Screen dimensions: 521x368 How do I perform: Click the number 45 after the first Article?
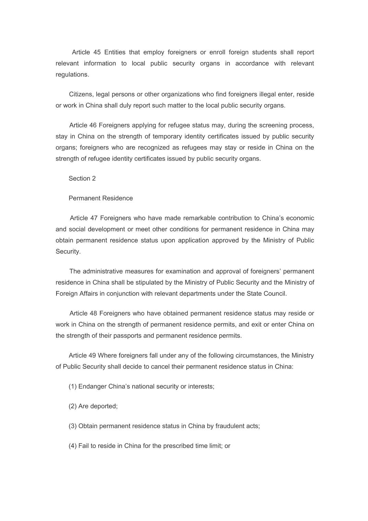click(97, 52)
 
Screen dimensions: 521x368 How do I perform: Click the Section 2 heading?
click(82, 179)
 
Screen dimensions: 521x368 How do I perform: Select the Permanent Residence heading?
click(101, 198)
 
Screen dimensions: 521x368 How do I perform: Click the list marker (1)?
click(73, 387)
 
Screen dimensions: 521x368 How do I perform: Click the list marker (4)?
click(73, 446)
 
